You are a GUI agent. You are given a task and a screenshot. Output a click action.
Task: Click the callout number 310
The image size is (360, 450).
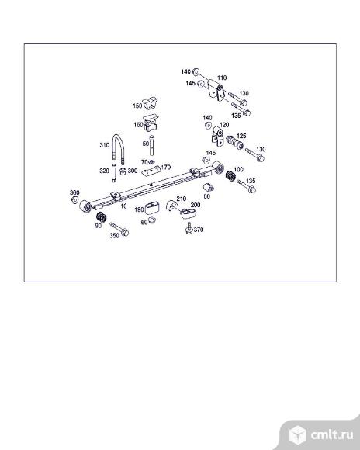click(x=105, y=145)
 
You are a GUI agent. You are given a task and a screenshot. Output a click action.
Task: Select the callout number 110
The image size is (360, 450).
click(x=222, y=78)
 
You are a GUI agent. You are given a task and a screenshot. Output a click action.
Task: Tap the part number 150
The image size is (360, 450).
click(x=137, y=106)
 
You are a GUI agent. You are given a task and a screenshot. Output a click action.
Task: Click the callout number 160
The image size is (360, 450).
click(x=138, y=125)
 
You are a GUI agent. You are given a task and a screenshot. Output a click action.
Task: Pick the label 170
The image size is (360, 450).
click(x=166, y=167)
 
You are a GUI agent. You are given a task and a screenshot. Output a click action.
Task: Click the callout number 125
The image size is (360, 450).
click(x=241, y=136)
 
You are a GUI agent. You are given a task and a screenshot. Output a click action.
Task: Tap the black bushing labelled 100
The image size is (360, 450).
click(x=230, y=175)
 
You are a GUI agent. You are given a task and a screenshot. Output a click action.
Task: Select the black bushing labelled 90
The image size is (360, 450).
click(x=101, y=216)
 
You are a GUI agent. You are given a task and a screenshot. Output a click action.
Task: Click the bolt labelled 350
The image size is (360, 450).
click(x=119, y=229)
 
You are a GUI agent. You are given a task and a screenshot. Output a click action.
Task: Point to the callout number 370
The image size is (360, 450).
click(x=199, y=230)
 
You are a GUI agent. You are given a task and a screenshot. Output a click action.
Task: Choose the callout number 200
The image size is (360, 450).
click(x=196, y=205)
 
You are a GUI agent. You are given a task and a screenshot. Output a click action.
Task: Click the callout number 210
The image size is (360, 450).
click(x=181, y=199)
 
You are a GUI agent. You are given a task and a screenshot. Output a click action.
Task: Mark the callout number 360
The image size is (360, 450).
click(x=74, y=192)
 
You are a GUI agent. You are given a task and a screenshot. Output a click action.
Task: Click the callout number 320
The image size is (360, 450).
click(x=104, y=171)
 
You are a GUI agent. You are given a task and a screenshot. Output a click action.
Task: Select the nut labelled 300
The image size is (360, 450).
click(x=123, y=171)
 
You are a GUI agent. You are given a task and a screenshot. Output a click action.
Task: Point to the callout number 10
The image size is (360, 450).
click(x=123, y=206)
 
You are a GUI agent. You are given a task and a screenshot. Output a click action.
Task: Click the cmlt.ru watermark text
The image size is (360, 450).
click(x=332, y=434)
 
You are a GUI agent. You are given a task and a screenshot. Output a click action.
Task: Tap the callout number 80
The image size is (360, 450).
click(x=206, y=196)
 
